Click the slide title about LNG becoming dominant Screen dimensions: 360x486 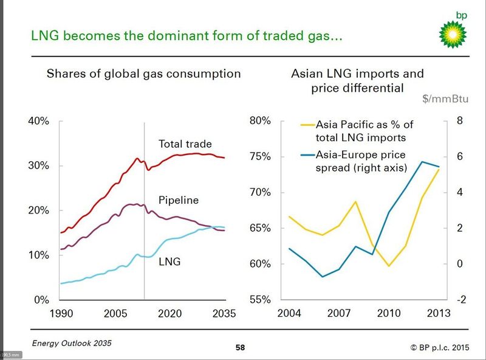[x=188, y=37]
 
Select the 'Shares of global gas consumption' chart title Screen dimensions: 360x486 [x=144, y=74]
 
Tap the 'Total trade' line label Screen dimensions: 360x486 [x=185, y=144]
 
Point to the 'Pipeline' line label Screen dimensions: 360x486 [x=179, y=200]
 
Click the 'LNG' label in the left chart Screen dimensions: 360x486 [x=169, y=262]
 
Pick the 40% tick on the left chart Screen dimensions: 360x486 [x=38, y=121]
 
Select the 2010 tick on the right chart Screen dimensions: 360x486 [x=389, y=314]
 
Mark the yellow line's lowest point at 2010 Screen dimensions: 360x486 [x=389, y=266]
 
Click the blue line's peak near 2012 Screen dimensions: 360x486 [x=422, y=162]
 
